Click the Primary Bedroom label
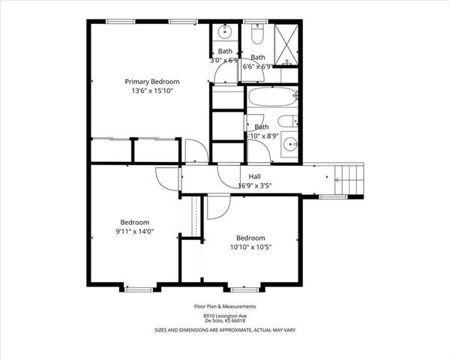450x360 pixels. pos(151,82)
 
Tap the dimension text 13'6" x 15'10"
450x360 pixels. pos(151,91)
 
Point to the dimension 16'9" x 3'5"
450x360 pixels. pos(254,185)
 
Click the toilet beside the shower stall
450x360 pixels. pos(256,35)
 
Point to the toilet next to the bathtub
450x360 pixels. pos(287,121)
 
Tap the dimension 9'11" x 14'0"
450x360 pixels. pos(135,232)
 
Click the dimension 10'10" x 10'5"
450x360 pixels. pos(250,247)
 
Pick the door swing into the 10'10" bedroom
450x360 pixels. pos(217,206)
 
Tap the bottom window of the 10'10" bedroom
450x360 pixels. pos(244,287)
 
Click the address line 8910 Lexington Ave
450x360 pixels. pos(225,316)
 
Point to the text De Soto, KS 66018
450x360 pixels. pos(225,322)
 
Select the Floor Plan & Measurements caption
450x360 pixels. pos(225,306)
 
